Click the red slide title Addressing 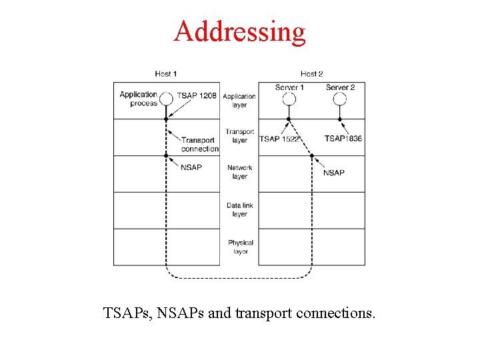click(239, 31)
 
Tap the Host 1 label click(166, 73)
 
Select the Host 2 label click(311, 73)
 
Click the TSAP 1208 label click(197, 96)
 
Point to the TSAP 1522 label click(280, 139)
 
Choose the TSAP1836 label click(343, 139)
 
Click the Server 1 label click(289, 87)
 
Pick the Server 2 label click(340, 87)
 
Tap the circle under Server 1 click(289, 99)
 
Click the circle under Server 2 click(340, 99)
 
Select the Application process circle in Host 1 click(166, 98)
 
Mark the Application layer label click(239, 101)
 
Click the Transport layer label click(239, 136)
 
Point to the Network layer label click(239, 172)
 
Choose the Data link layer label click(239, 210)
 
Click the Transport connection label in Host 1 click(199, 145)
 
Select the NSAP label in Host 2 click(334, 173)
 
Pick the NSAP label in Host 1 click(191, 167)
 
